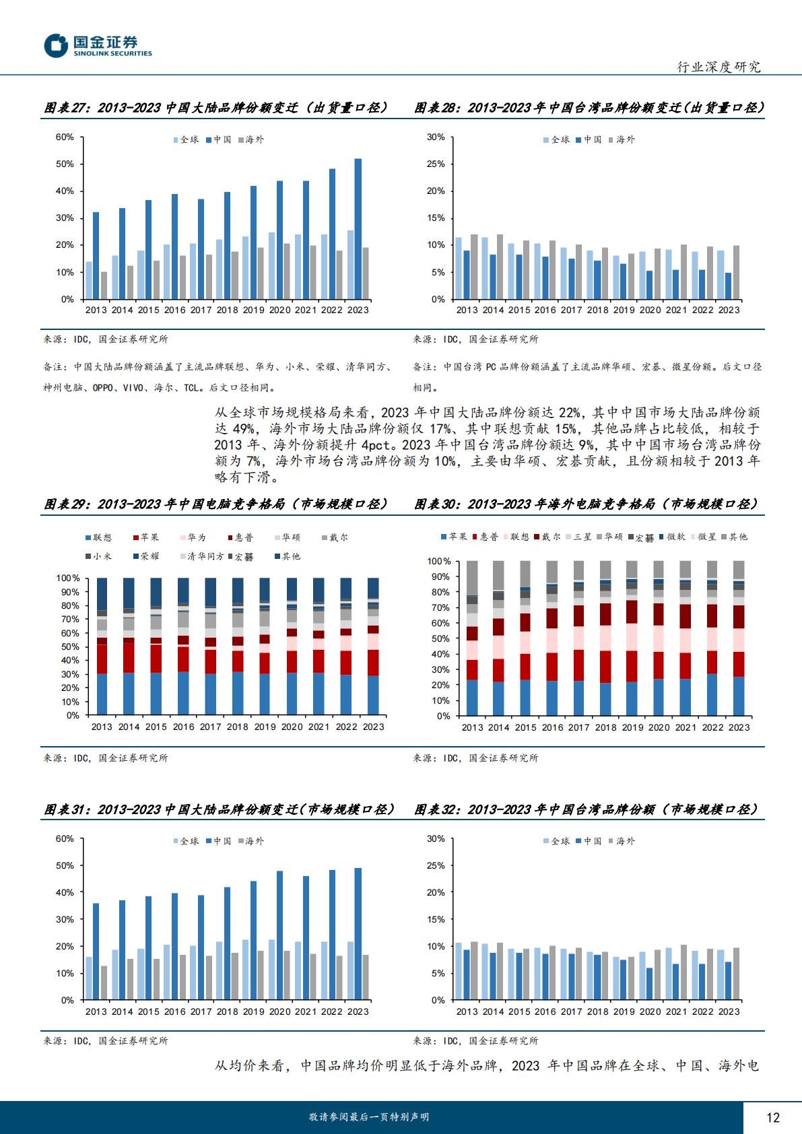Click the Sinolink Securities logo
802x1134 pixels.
coord(98,46)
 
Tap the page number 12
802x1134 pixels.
coord(772,1117)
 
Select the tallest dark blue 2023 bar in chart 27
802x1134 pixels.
coord(358,229)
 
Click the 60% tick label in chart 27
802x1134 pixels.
coord(65,137)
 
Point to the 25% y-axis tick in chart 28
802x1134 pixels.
coord(436,164)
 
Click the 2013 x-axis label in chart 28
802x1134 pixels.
coord(467,310)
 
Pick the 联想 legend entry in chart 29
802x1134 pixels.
coord(99,537)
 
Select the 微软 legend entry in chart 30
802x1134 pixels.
coord(673,537)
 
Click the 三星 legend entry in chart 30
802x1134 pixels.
coord(578,537)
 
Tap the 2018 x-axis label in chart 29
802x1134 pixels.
coord(238,727)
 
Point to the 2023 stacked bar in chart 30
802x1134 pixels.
coord(739,638)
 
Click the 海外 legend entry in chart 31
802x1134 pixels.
coord(251,841)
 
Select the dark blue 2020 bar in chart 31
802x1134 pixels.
coord(279,935)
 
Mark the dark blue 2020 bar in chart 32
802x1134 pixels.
coord(650,984)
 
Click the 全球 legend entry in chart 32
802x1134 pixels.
coord(557,841)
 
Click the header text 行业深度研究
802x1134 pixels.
coord(719,66)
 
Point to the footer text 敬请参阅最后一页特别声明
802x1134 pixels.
coord(369,1116)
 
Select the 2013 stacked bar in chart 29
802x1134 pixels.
coord(102,646)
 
